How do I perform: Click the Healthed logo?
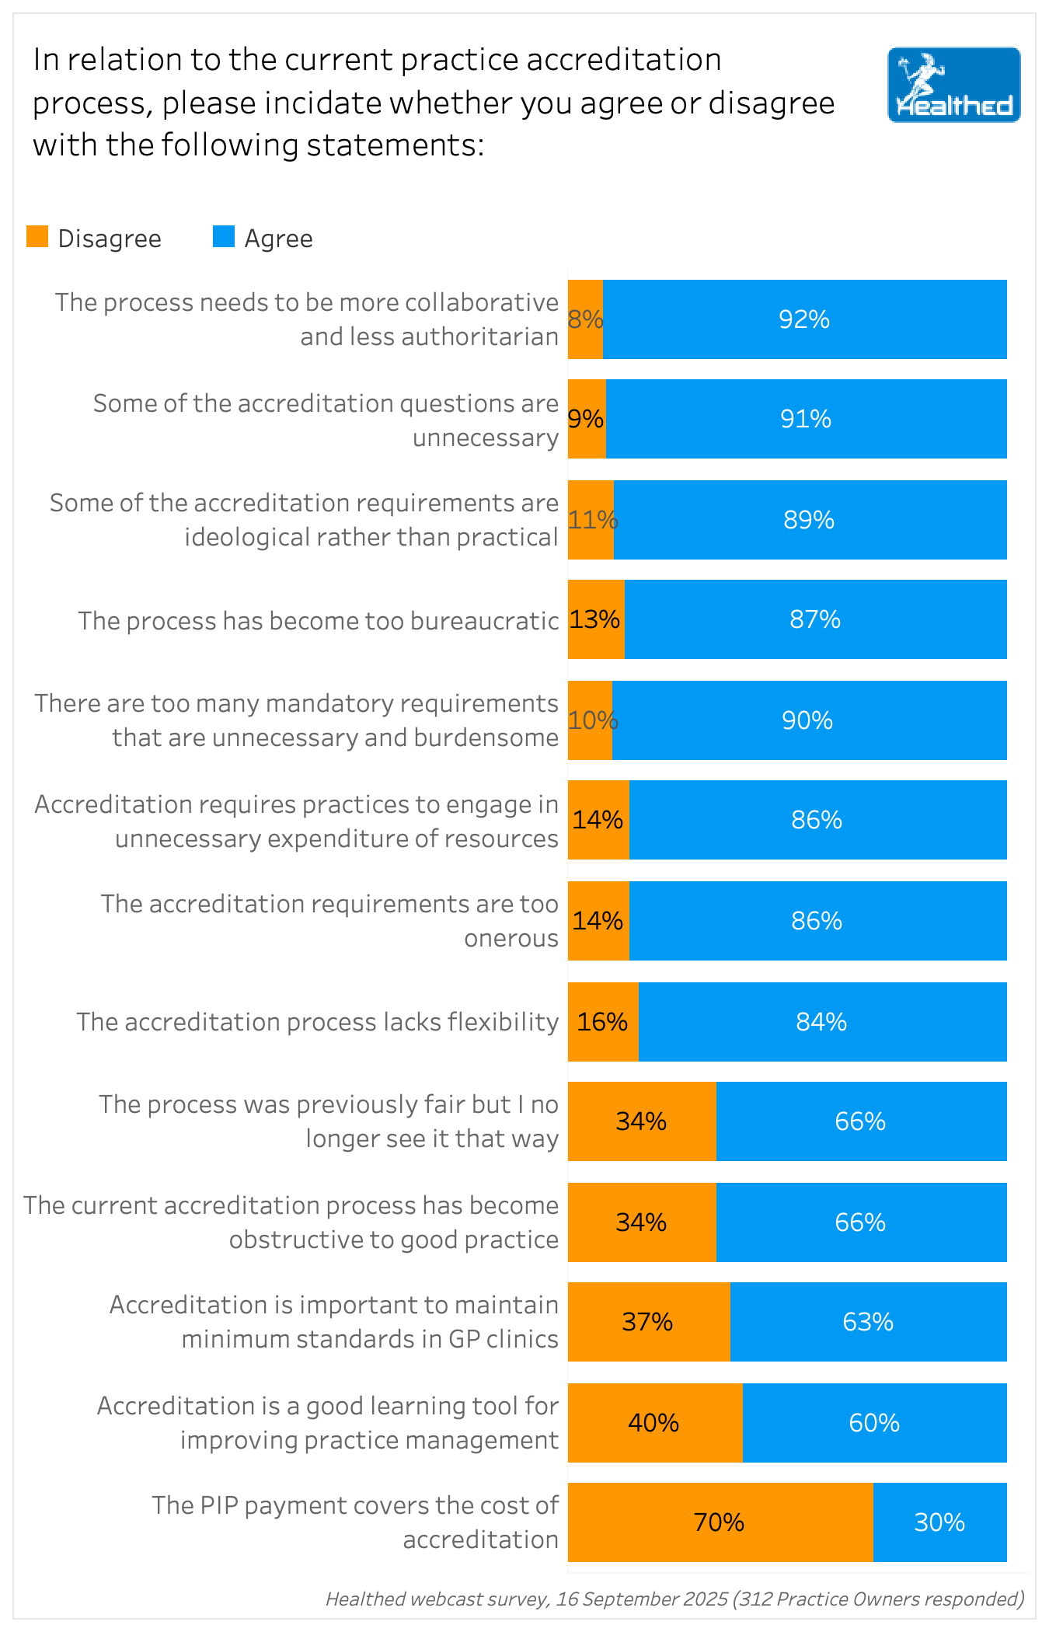[x=953, y=85]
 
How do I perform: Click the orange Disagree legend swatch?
[x=37, y=237]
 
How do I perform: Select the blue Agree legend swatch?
[x=224, y=237]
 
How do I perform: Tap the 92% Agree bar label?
[x=804, y=319]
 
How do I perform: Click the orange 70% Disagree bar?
[x=720, y=1522]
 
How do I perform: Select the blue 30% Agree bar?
[x=939, y=1522]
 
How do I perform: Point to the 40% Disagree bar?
[x=654, y=1422]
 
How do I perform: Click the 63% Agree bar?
[x=868, y=1321]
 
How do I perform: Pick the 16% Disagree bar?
[x=603, y=1021]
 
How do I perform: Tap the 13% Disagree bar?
[x=595, y=619]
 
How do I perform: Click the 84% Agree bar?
[x=821, y=1021]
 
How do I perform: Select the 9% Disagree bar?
[x=586, y=419]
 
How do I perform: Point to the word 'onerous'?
[x=511, y=938]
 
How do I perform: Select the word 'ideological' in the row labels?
[x=248, y=537]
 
